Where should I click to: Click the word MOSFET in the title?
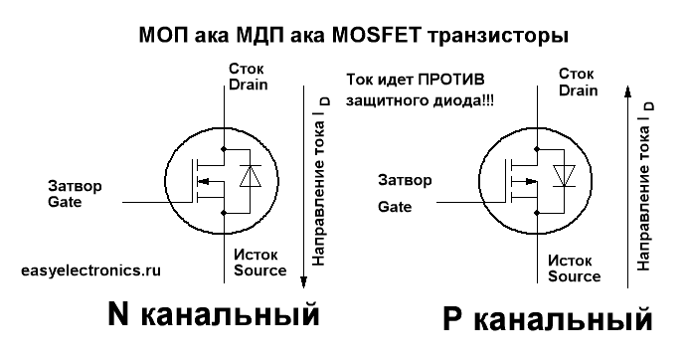377,35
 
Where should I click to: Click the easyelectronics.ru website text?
90,270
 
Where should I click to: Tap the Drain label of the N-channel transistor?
248,85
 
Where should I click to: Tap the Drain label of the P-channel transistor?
579,90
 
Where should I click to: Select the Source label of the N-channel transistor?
259,270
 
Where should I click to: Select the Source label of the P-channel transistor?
574,276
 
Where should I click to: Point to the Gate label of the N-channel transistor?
65,202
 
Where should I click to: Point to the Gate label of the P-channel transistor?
395,207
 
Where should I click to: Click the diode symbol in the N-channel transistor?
251,176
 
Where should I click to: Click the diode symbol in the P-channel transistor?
564,176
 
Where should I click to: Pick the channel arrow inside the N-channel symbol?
211,181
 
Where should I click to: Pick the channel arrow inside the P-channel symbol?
525,181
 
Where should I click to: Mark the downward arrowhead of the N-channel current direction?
303,282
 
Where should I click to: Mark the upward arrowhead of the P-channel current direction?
628,90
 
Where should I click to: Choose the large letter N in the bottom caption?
118,314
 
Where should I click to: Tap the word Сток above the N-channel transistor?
247,69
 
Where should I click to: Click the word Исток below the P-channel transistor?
570,261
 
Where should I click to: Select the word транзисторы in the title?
497,36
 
